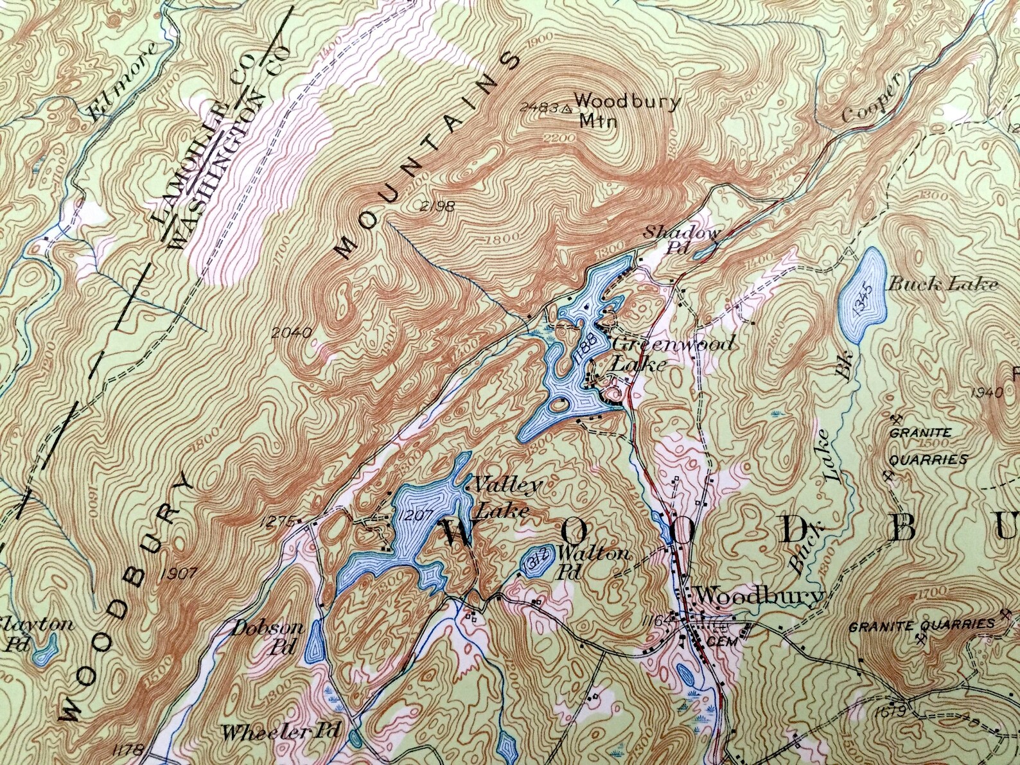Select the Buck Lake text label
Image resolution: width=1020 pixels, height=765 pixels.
tap(942, 284)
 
